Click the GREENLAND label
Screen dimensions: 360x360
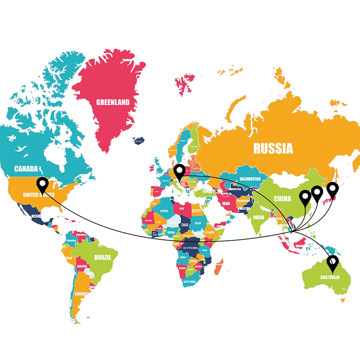[x=113, y=102]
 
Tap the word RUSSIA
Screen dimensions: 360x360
[x=273, y=148]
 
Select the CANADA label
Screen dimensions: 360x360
[x=26, y=169]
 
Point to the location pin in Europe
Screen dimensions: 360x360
[x=180, y=171]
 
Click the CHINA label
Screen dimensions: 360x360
[x=282, y=198]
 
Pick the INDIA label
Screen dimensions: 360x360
[x=258, y=218]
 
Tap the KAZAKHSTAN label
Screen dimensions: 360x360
[x=250, y=179]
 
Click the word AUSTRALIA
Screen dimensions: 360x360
[x=329, y=277]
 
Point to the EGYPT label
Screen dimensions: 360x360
[x=197, y=211]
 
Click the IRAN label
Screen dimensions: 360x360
[x=225, y=203]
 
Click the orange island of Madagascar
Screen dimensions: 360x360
[x=217, y=268]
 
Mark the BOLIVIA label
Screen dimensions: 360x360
[x=82, y=266]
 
